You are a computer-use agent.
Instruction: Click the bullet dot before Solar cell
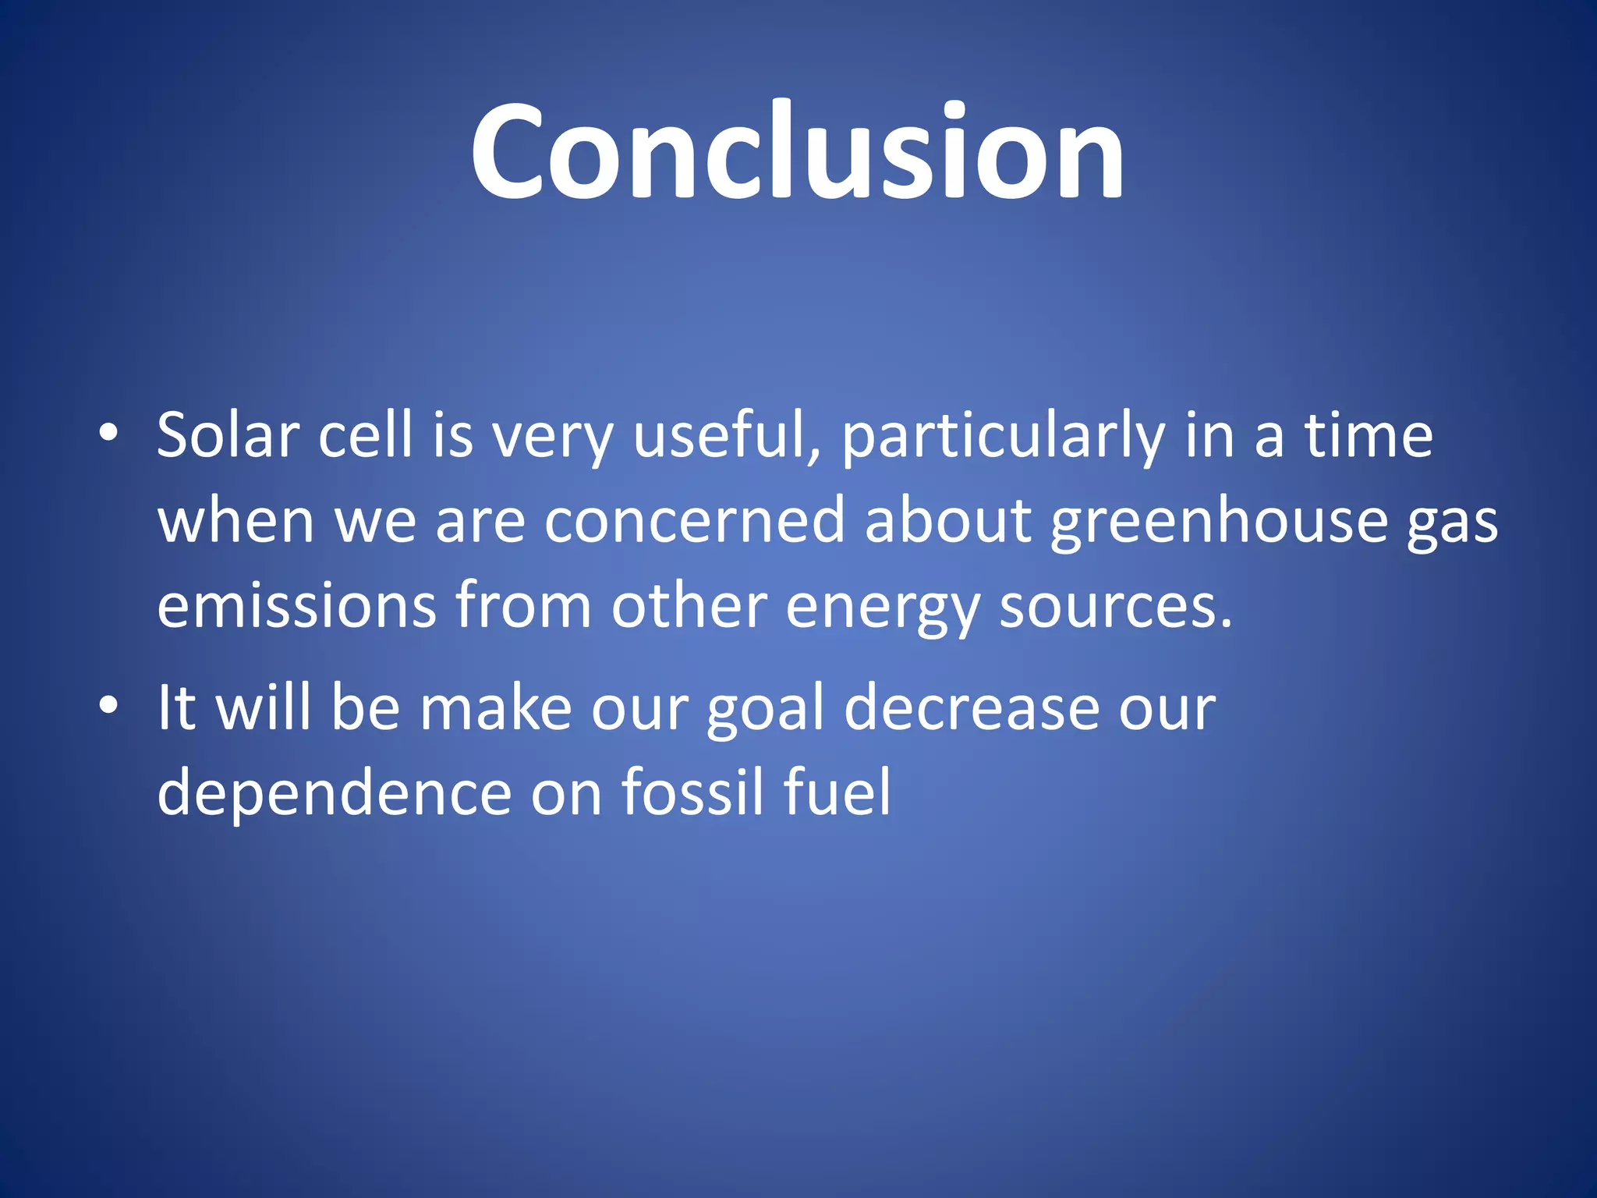(108, 433)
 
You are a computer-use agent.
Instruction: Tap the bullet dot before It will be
(108, 705)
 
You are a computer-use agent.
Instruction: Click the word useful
(726, 435)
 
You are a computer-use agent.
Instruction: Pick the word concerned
(694, 521)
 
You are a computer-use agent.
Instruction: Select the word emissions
(296, 607)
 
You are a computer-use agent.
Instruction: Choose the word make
(496, 708)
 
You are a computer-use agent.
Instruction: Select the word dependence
(335, 792)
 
